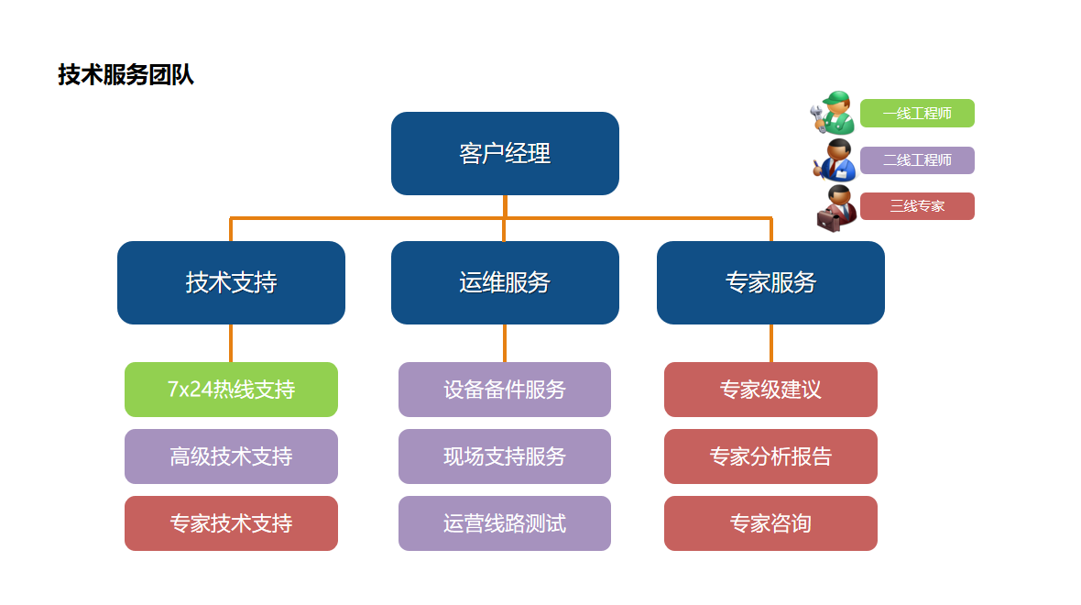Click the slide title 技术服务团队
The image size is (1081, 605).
coord(126,74)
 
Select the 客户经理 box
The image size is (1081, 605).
coord(505,153)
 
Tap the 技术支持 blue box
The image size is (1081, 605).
coord(231,282)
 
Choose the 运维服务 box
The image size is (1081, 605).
coord(505,282)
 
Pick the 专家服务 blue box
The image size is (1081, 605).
coord(770,282)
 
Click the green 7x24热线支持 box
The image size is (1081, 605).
coord(231,390)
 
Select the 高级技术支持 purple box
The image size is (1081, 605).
coord(231,456)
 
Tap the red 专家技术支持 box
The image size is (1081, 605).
coord(231,523)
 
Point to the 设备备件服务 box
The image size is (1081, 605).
coord(505,390)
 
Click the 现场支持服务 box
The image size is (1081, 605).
coord(505,456)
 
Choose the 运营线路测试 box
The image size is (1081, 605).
coord(505,523)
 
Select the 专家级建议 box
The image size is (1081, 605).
coord(770,390)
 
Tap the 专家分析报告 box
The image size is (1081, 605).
coord(770,456)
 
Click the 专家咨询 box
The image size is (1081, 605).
coord(770,523)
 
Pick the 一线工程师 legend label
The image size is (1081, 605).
coord(917,114)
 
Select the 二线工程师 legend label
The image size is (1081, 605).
coord(917,160)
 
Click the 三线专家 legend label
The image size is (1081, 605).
coord(917,206)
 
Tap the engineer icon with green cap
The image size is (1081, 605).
coord(834,113)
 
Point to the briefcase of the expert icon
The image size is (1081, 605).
coord(830,218)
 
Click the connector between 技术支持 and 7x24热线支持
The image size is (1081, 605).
coord(231,343)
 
